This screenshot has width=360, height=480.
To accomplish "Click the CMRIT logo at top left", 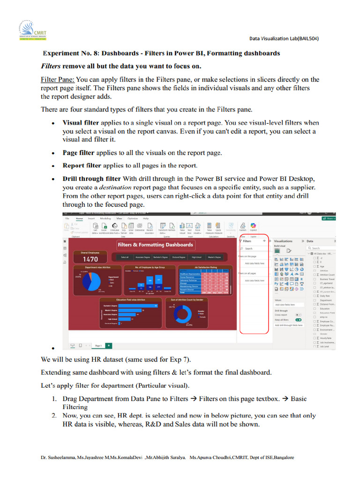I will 29,31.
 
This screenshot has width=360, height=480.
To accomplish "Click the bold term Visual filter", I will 81,122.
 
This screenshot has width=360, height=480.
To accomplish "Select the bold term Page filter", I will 78,153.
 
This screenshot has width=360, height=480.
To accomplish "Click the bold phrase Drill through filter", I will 92,179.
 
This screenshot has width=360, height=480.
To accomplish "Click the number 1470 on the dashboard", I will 90,259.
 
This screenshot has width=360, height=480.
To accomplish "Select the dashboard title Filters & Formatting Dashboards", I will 155,245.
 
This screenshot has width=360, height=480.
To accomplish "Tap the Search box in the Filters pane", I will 254,248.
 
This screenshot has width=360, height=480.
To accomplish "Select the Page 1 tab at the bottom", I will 98,345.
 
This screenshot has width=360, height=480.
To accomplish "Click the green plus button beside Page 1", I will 109,345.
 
